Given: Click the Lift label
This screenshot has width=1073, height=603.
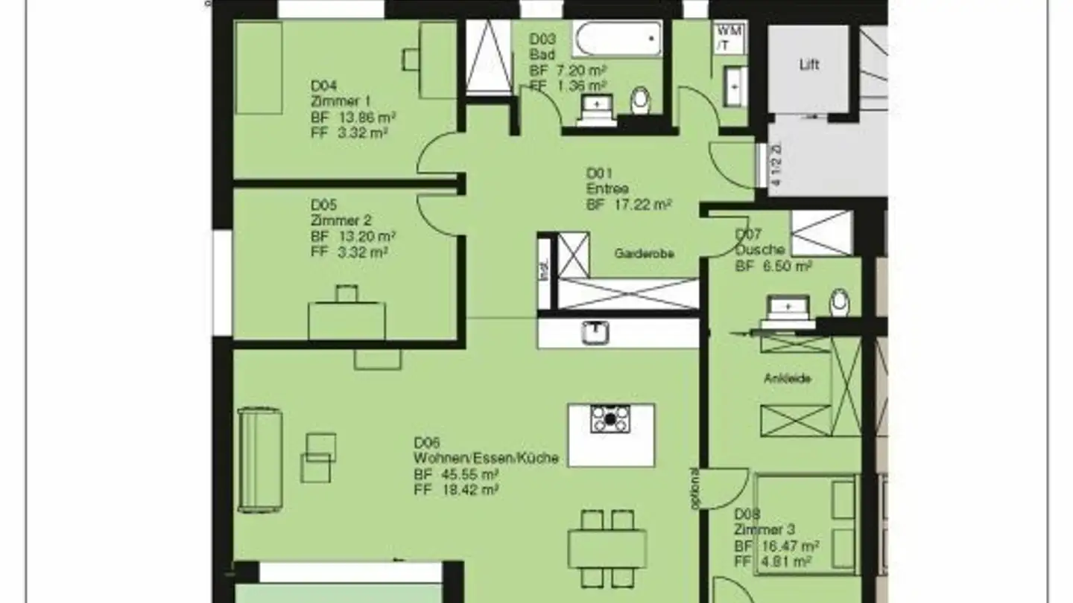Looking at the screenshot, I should coord(808,65).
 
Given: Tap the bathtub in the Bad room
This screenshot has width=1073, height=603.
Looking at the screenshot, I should coord(617,39).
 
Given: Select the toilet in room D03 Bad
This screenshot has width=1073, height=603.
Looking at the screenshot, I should coord(640,101).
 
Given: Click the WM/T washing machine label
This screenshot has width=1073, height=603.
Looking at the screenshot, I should coord(728,38).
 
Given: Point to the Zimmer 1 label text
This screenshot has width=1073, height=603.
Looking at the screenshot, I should coord(341,101).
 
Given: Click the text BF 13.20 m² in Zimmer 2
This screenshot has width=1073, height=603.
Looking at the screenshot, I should coord(353,237).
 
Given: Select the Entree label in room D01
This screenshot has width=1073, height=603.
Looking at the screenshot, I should coord(607,189).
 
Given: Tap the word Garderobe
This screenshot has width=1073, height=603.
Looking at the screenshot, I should coord(644,254).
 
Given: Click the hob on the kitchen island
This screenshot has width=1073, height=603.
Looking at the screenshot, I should coord(610,419).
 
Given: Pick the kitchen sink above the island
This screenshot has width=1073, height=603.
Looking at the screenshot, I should coord(595,332).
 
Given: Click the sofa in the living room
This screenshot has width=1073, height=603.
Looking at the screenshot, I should coord(259,459).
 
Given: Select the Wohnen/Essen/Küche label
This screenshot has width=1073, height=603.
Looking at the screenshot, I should coord(486,459).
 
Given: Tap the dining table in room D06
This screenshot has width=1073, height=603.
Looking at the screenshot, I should coord(607,549).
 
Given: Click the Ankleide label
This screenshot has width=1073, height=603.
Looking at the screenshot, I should coord(787,378).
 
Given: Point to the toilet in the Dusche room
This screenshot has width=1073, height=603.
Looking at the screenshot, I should coord(840,302).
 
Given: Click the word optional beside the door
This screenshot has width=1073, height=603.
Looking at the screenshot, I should coord(694,489).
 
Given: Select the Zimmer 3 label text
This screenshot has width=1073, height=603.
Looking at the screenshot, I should coord(764,530).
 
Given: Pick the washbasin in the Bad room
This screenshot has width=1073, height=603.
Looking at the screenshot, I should coord(596,105).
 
